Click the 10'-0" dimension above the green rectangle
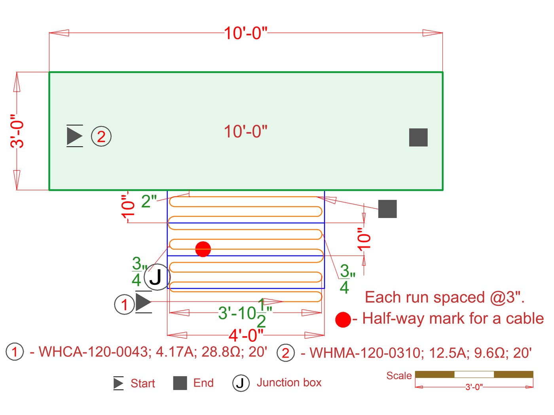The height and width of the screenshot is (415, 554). point(245,33)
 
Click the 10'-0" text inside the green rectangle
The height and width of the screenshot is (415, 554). point(245,132)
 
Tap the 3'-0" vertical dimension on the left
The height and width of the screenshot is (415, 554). point(17,131)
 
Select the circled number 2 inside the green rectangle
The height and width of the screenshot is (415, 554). point(101,136)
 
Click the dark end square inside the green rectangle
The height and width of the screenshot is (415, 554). point(418,137)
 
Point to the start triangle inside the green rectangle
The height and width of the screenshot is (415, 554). point(74,136)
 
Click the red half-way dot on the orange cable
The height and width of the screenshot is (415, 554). point(203,249)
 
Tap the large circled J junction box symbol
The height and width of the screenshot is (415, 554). point(157,277)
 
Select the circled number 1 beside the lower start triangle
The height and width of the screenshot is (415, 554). point(124,304)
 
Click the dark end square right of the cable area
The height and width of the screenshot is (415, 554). point(387,209)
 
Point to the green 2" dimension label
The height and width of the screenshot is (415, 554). point(149,201)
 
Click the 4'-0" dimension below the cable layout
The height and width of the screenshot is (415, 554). point(246,335)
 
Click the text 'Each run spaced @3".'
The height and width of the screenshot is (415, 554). point(444,297)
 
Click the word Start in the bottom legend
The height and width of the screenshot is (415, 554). point(142,383)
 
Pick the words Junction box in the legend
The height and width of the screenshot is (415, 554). point(289,383)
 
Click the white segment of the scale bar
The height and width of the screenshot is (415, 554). point(474,374)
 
